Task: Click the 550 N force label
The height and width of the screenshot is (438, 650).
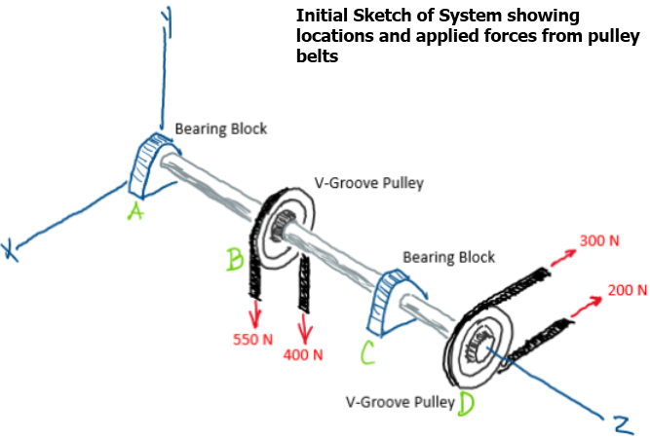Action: coord(251,340)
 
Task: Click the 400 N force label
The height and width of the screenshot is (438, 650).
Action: coord(303,354)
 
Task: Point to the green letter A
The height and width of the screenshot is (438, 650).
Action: coord(134,211)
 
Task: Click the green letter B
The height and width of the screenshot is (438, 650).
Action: coord(235,259)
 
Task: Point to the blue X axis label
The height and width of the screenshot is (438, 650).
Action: coord(12,250)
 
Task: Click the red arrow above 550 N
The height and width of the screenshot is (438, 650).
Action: coord(256,313)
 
